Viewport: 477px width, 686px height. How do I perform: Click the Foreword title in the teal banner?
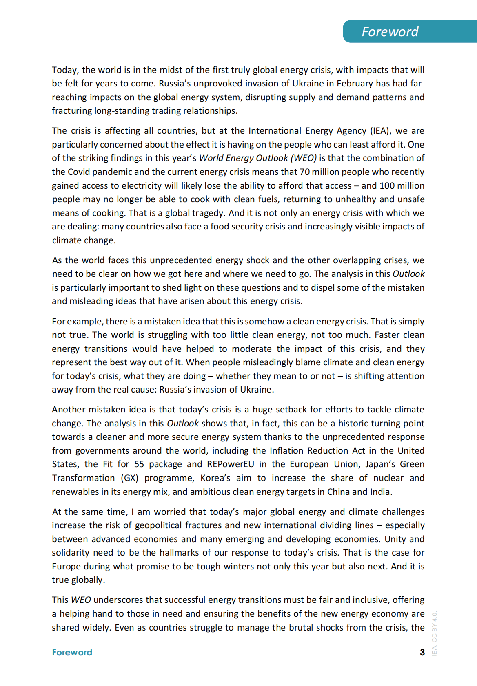(390, 32)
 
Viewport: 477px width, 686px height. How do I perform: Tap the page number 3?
(422, 652)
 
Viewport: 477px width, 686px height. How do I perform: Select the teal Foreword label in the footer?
(72, 652)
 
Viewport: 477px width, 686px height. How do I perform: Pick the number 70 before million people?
(304, 172)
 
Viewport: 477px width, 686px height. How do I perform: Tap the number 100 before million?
(387, 186)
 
